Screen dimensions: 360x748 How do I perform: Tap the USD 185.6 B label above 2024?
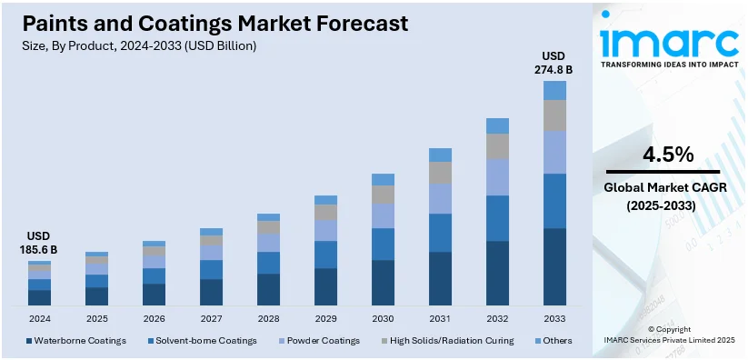[x=39, y=242]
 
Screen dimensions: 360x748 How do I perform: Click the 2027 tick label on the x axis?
[x=211, y=319]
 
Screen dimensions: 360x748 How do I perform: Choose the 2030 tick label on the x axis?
[x=383, y=319]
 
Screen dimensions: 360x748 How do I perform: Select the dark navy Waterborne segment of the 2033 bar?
[x=554, y=266]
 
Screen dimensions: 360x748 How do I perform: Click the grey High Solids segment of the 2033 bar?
[x=554, y=115]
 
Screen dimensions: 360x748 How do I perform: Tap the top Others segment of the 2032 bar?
[x=497, y=125]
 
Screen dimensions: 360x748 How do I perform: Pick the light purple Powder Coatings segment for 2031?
[x=440, y=198]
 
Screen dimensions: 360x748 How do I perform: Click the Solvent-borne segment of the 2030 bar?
[x=383, y=244]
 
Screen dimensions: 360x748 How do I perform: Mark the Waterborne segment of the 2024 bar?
[x=39, y=297]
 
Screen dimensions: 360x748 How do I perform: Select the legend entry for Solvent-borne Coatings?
[x=203, y=341]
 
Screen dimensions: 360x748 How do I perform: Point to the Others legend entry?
[x=555, y=341]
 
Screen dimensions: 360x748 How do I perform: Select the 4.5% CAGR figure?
[x=668, y=155]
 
